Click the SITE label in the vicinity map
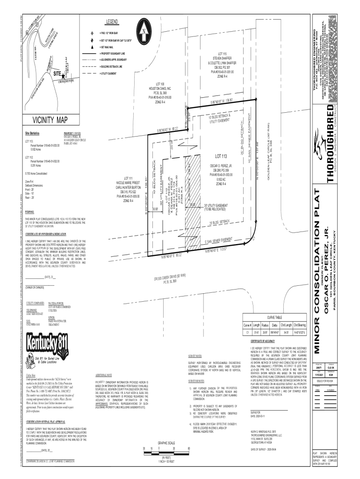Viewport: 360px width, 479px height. [57, 74]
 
